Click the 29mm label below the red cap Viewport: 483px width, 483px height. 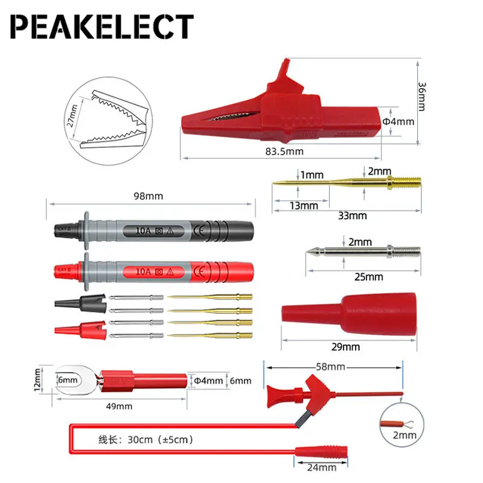click(x=347, y=347)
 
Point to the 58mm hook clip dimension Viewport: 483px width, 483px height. click(x=330, y=366)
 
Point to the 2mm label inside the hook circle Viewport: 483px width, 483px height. click(x=406, y=435)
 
